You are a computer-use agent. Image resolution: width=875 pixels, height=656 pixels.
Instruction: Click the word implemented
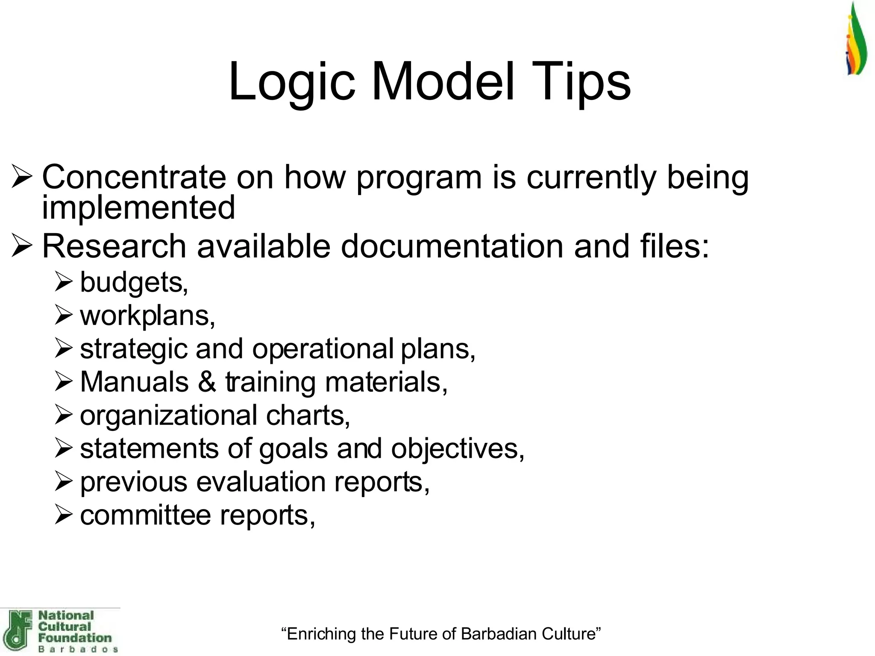138,208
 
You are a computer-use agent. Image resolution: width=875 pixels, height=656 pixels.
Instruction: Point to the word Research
114,246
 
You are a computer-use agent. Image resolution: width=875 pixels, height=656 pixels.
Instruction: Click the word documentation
452,246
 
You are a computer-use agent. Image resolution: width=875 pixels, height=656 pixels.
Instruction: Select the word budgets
134,283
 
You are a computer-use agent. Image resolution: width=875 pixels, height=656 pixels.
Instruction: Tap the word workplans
147,316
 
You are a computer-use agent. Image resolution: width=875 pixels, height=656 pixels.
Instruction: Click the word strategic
134,349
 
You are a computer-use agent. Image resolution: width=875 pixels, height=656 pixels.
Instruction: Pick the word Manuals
134,382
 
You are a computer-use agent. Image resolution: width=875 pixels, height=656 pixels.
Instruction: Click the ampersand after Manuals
207,382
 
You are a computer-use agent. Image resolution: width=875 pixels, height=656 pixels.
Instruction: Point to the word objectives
457,449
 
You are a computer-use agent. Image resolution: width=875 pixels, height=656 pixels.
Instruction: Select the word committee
145,515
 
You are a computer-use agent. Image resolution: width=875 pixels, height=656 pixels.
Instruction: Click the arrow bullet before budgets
64,283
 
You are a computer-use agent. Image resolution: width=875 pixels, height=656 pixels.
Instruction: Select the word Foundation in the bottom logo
74,638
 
